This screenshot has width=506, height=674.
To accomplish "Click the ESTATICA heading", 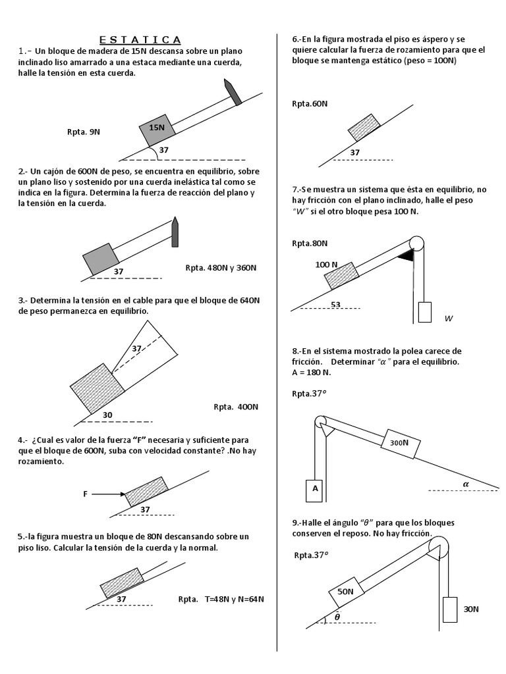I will tap(140, 40).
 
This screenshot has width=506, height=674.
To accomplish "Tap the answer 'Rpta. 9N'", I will tap(84, 131).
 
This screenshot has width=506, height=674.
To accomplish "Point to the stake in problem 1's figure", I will tap(233, 91).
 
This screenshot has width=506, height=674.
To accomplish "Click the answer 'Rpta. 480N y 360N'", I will tap(221, 268).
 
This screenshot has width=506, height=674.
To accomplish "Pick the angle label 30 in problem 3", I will tap(109, 415).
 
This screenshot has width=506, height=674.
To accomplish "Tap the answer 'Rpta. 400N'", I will tap(236, 406).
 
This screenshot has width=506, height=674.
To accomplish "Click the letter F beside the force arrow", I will tap(85, 494).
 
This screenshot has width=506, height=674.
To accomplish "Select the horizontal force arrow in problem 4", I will tap(107, 494).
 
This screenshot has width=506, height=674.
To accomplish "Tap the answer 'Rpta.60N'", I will tap(310, 103).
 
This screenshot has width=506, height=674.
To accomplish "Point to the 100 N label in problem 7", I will tap(327, 265).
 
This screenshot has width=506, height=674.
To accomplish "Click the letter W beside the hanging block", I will tap(449, 319).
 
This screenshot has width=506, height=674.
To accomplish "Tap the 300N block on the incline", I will tap(399, 443).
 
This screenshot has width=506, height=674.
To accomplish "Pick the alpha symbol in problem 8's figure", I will tap(466, 483).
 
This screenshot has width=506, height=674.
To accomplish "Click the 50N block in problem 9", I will tap(345, 591).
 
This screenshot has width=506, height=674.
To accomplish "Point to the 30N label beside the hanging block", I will tap(471, 609).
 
